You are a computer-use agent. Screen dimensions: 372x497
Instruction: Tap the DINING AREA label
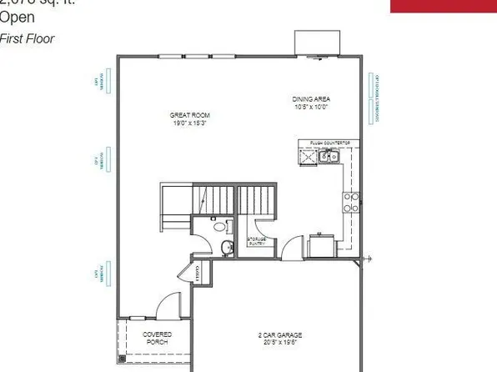pos(311,98)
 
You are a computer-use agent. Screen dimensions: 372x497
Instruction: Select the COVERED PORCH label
pos(158,338)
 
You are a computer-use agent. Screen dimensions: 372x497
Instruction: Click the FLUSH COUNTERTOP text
pos(328,143)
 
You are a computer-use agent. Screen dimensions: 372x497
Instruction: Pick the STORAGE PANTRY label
pos(256,242)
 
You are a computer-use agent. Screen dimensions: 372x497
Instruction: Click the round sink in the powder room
pos(227,246)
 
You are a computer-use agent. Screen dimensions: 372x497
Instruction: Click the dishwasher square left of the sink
pos(305,155)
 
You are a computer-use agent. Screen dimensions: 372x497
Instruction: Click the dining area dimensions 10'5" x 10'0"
pos(311,106)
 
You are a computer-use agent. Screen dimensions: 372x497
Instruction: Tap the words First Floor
pos(22,38)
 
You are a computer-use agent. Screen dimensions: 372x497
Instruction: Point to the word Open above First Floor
pos(18,22)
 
